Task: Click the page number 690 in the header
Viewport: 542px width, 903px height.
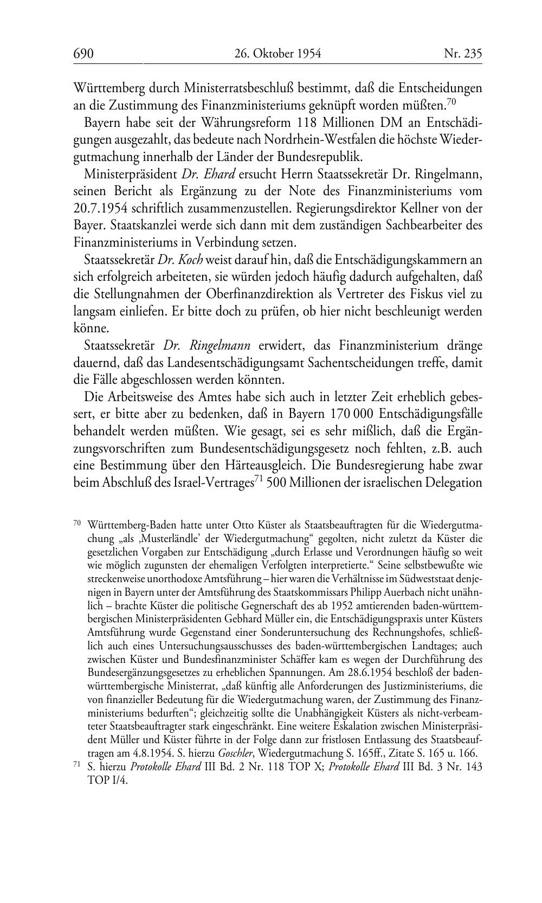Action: (x=84, y=54)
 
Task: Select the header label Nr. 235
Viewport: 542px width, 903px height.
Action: (x=463, y=54)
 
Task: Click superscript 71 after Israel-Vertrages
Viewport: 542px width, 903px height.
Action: (x=259, y=479)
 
